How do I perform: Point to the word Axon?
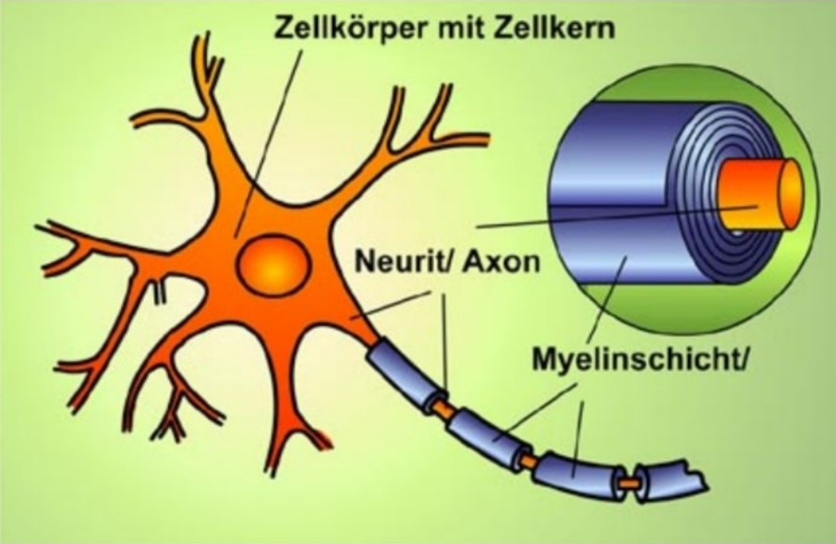point(499,261)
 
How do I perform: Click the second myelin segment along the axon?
point(480,428)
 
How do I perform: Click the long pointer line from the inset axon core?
point(600,217)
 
